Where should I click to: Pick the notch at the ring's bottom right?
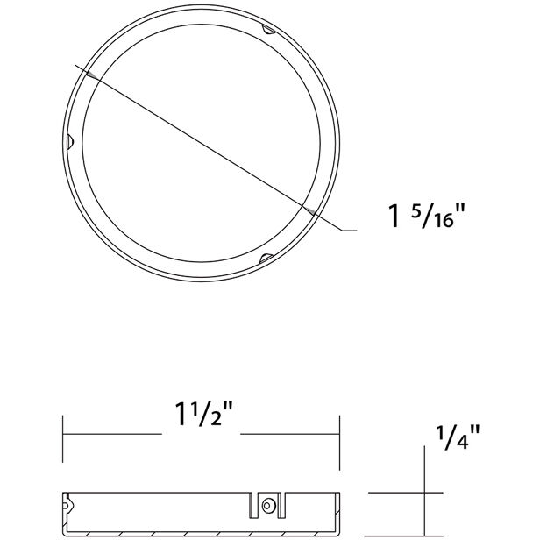click(x=266, y=259)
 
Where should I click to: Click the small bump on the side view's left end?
click(x=67, y=505)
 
